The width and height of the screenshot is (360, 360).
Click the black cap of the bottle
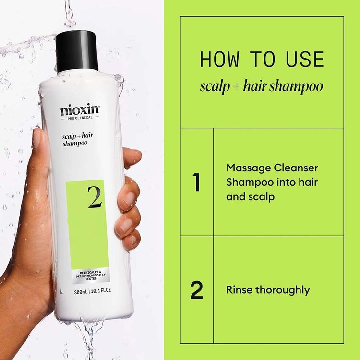click(77, 50)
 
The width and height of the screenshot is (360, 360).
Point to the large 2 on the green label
click(94, 197)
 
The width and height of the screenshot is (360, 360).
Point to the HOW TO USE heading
click(262, 59)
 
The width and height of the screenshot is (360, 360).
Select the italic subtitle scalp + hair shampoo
click(262, 86)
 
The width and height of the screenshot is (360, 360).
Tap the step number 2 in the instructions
click(196, 290)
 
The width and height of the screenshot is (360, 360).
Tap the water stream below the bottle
click(89, 336)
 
